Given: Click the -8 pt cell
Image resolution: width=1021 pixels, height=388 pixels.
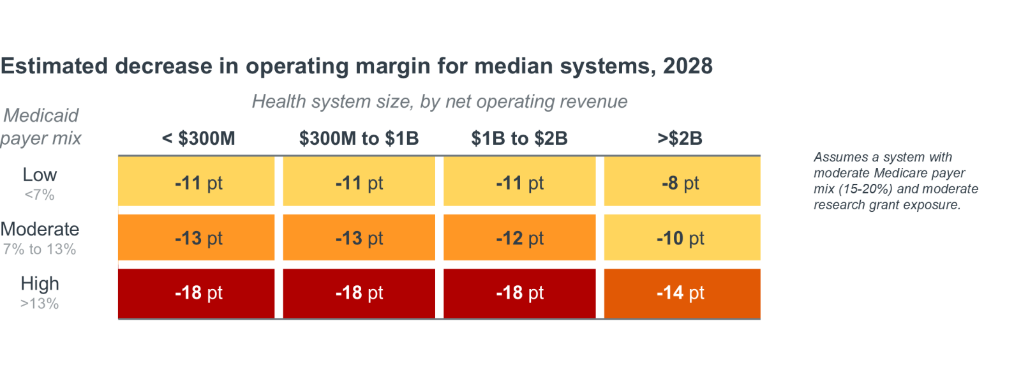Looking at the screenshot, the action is (682, 181).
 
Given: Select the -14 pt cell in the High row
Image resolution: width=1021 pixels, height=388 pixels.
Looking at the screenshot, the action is (682, 293).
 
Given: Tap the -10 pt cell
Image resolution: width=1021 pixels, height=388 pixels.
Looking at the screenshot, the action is (682, 237).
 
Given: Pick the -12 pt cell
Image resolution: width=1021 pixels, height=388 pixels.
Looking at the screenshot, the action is (519, 237).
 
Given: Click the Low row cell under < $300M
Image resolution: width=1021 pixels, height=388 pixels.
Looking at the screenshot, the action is (197, 181).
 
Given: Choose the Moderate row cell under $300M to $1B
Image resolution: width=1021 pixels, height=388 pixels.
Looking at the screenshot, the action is (359, 237).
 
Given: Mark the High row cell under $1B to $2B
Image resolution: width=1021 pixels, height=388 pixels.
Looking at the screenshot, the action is (519, 293).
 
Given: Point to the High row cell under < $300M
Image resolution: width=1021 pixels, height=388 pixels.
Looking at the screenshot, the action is (197, 293).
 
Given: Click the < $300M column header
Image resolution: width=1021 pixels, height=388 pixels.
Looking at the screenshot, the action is (198, 138).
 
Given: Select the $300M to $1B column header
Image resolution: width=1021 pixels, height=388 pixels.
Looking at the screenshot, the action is (359, 138).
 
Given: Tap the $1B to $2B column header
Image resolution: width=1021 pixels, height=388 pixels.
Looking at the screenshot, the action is (519, 138).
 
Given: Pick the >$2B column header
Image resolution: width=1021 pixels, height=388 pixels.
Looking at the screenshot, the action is (680, 138).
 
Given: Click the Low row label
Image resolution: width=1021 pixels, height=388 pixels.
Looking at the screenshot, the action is (40, 175).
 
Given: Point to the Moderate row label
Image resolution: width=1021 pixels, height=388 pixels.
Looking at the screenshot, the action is (40, 229).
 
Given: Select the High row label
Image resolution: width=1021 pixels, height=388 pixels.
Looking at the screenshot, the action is (40, 283).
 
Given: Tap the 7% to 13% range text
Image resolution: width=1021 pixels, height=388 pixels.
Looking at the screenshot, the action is (40, 250).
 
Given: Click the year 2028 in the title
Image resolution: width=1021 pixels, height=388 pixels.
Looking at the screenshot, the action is (688, 66).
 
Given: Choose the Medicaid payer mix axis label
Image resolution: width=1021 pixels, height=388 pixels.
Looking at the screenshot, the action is (41, 127).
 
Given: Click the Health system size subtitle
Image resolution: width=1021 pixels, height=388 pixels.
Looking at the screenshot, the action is (440, 101).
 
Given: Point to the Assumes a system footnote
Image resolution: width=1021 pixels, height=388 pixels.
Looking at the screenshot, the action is (896, 181).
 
